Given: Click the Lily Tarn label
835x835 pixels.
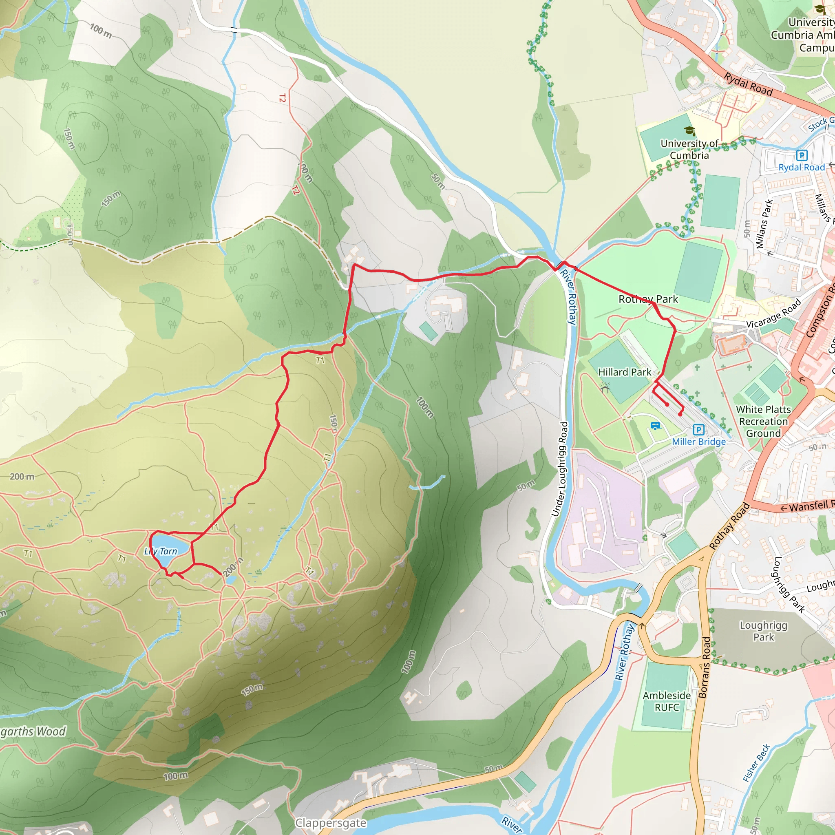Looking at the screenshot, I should pos(161,551).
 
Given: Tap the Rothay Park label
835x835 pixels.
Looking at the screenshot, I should pos(648,299).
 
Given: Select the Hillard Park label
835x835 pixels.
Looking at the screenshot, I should pos(624,372).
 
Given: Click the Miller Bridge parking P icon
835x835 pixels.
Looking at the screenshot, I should pos(698,430).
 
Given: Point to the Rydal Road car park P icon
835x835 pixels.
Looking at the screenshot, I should pos(801,155).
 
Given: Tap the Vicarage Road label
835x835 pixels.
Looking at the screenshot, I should pos(773,314).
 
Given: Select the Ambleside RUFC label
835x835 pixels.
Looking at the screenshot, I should pos(667,701).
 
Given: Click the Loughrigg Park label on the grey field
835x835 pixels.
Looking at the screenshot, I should pos(763,631).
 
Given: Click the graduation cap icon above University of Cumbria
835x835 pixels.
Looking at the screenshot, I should pos(689,131).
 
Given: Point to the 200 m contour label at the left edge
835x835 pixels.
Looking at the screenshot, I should pos(22,477).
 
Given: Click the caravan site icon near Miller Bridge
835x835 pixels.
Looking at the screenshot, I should pos(656,426).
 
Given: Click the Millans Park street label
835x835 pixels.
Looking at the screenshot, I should pos(764,224).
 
